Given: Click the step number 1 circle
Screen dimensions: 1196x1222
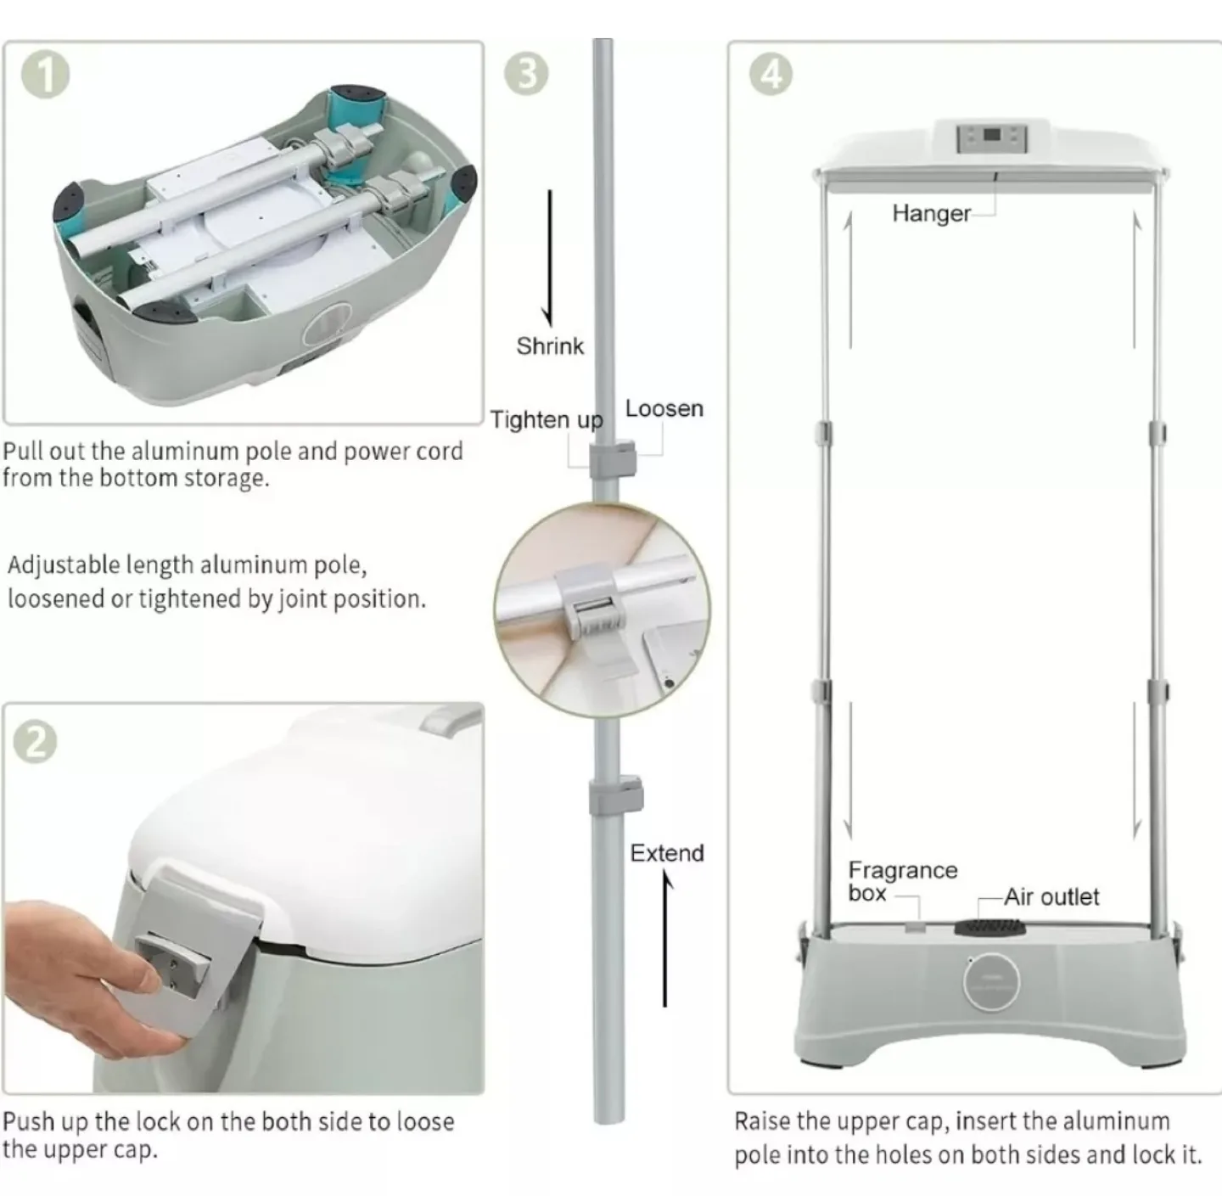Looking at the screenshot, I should pyautogui.click(x=45, y=76).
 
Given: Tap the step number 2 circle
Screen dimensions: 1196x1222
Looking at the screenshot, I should pyautogui.click(x=36, y=743).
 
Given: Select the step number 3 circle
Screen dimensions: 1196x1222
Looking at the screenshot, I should pyautogui.click(x=526, y=74).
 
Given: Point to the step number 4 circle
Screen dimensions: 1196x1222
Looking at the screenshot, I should pyautogui.click(x=771, y=74).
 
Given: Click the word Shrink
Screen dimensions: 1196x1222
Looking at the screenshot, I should pyautogui.click(x=550, y=346).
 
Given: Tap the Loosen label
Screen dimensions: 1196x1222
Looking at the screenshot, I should pyautogui.click(x=664, y=408).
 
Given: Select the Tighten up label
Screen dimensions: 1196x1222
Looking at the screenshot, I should pyautogui.click(x=546, y=419).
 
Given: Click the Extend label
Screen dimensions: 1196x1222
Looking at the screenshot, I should pyautogui.click(x=666, y=853).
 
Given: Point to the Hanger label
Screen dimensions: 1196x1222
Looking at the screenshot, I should pyautogui.click(x=931, y=213).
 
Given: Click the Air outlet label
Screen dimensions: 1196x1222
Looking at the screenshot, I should pyautogui.click(x=1051, y=896).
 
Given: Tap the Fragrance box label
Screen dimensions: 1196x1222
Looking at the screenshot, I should pyautogui.click(x=902, y=881).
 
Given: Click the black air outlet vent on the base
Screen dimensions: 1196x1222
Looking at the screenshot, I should pyautogui.click(x=989, y=927).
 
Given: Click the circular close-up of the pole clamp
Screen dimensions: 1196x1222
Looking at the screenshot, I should pyautogui.click(x=602, y=609).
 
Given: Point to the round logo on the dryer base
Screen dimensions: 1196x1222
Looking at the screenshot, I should pyautogui.click(x=991, y=980).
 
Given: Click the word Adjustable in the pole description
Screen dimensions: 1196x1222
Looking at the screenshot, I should pyautogui.click(x=64, y=564).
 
